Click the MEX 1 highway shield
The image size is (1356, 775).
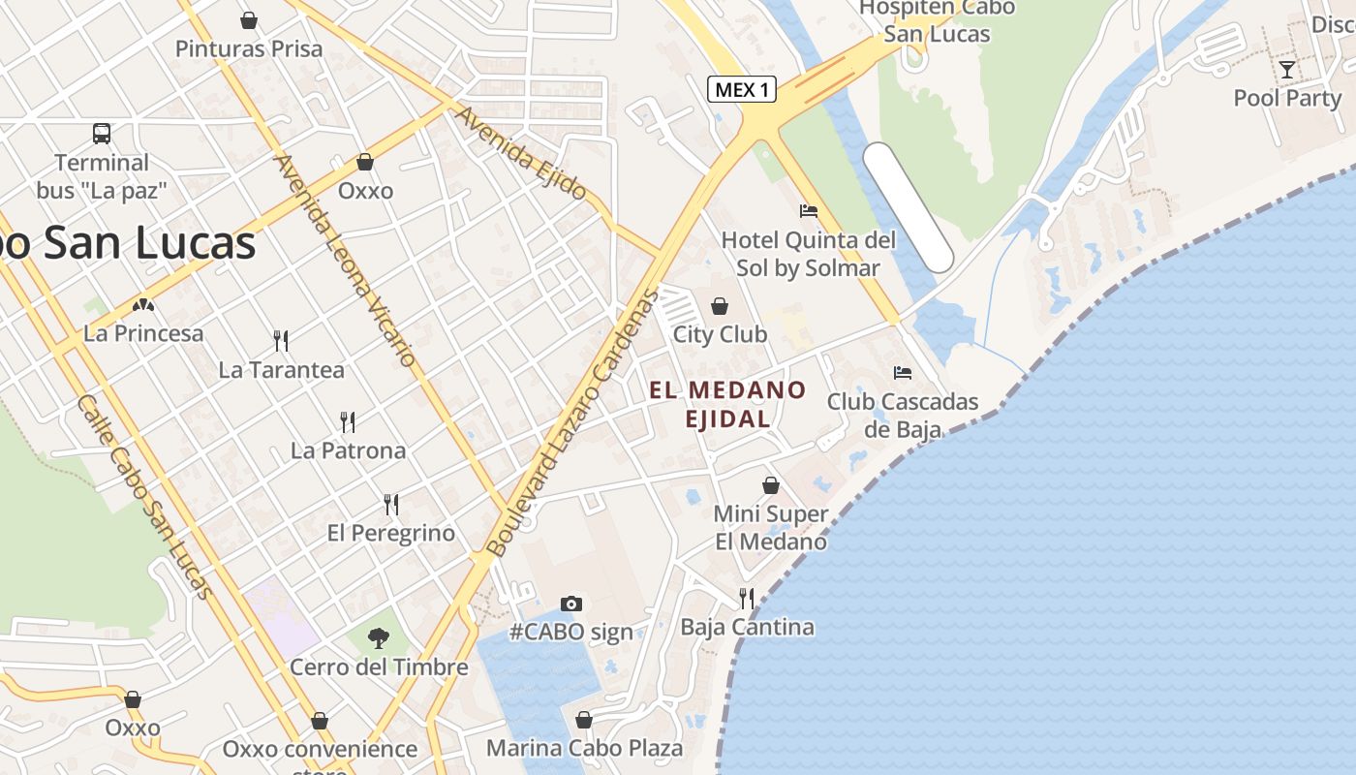(x=743, y=90)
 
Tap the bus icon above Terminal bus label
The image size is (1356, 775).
(x=102, y=134)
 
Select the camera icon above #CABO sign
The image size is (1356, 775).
(x=571, y=604)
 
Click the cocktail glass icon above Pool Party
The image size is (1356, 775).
(x=1286, y=69)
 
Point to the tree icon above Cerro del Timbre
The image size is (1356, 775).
(x=379, y=637)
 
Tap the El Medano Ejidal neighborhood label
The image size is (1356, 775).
(x=727, y=404)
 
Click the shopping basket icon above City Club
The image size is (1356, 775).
(x=720, y=306)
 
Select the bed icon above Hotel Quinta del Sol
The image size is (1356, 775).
(x=809, y=210)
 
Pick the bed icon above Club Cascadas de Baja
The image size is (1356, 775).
(x=903, y=372)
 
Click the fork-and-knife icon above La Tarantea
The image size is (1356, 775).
(x=281, y=340)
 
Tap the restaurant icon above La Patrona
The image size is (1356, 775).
(x=348, y=421)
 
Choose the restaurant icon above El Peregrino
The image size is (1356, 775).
(x=391, y=504)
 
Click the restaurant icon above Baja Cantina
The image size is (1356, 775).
(x=747, y=598)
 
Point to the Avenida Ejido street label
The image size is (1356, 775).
(x=521, y=153)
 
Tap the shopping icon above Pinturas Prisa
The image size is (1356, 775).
(x=249, y=20)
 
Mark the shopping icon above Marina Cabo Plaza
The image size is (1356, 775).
(x=584, y=720)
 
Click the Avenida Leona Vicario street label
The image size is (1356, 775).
(x=346, y=260)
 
